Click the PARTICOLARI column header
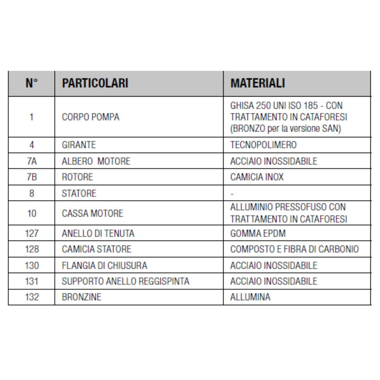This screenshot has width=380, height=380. tap(95, 83)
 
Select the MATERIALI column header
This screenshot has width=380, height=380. tap(257, 83)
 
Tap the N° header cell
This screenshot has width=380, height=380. tap(32, 83)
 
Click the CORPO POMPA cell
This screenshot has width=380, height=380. tap(91, 117)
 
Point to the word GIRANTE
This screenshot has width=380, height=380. tap(79, 145)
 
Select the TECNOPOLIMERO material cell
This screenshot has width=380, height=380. tap(263, 145)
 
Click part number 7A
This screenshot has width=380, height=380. tap(32, 161)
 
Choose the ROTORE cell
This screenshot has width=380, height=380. tap(77, 177)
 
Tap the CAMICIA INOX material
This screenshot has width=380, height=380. tap(257, 177)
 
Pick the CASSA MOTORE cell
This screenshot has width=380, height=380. tap(92, 213)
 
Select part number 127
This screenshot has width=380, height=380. tap(32, 234)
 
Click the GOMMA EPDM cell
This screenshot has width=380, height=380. tap(258, 234)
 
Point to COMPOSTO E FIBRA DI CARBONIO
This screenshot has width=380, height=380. tap(294, 249)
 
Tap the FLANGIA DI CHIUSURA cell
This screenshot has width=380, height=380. tap(104, 265)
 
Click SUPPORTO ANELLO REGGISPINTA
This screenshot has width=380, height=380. tap(125, 281)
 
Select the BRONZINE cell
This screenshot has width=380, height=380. tap(81, 297)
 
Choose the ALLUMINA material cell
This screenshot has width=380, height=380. tap(250, 297)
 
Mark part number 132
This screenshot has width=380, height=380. tap(32, 297)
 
